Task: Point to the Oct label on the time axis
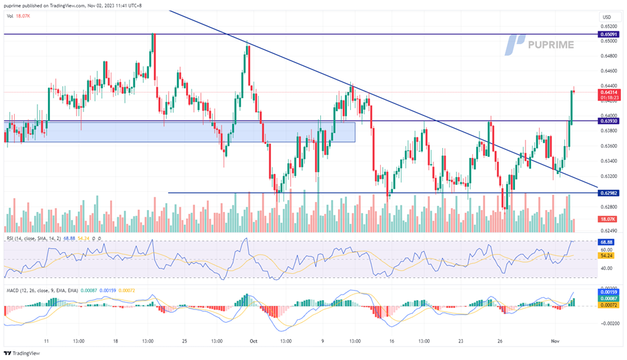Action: tap(253, 339)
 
